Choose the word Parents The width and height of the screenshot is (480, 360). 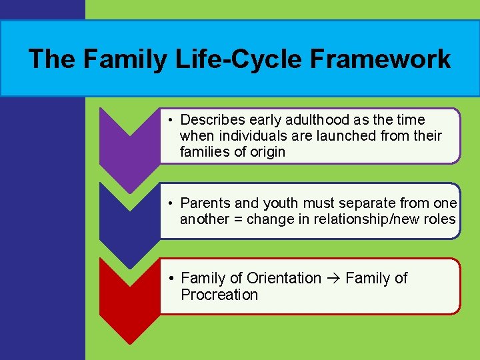tap(207, 203)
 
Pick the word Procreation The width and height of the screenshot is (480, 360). tap(219, 295)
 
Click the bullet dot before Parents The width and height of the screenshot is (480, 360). tap(171, 203)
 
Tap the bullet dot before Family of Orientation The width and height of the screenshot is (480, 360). tap(171, 279)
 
